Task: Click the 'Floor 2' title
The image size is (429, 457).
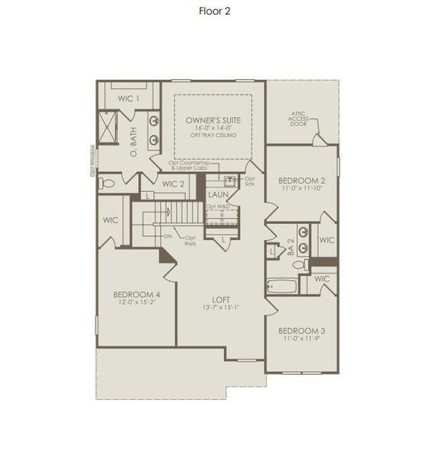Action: pyautogui.click(x=214, y=11)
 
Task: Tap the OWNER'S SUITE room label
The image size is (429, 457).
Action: pyautogui.click(x=213, y=120)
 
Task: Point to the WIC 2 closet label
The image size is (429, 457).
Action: pyautogui.click(x=173, y=184)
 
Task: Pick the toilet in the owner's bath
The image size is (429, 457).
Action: pyautogui.click(x=107, y=182)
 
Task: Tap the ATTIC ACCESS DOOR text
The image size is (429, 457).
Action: pyautogui.click(x=299, y=120)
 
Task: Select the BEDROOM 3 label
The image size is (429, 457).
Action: pyautogui.click(x=301, y=331)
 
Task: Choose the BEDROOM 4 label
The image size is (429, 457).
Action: pyautogui.click(x=136, y=295)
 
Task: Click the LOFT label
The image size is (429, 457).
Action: pyautogui.click(x=221, y=299)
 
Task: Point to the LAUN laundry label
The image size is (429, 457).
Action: pyautogui.click(x=218, y=194)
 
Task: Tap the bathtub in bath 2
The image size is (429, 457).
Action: pyautogui.click(x=282, y=286)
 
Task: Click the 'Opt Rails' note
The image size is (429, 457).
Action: pyautogui.click(x=190, y=241)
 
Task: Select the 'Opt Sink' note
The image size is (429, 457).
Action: pyautogui.click(x=250, y=181)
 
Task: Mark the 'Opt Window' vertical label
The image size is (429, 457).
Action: pyautogui.click(x=92, y=160)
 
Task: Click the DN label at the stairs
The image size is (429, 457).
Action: pyautogui.click(x=168, y=237)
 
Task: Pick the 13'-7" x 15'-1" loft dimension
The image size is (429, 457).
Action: pyautogui.click(x=221, y=308)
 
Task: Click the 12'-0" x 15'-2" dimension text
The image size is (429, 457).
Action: pyautogui.click(x=136, y=303)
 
